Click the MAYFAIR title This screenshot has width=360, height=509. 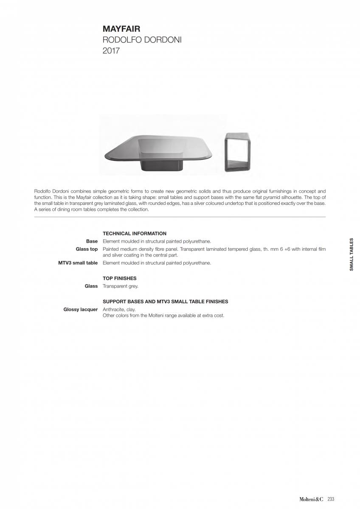tap(121, 29)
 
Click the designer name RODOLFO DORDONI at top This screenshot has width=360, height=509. tap(142, 40)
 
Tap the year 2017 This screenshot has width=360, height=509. tap(111, 51)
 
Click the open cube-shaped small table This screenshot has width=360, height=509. tap(238, 152)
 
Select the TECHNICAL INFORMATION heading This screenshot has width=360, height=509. tap(135, 234)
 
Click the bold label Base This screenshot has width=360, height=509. tap(92, 241)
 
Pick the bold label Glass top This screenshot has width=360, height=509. tap(87, 249)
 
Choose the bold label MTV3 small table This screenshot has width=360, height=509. tap(78, 263)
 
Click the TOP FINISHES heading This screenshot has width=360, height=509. tap(120, 279)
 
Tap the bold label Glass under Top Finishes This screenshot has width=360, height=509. tap(91, 286)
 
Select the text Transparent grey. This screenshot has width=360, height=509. tap(121, 286)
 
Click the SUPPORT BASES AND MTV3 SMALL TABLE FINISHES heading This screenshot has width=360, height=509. tap(166, 302)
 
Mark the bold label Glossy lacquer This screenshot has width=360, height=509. tap(81, 310)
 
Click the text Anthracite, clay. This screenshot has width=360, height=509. tap(119, 310)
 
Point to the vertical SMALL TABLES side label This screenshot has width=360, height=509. tap(351, 255)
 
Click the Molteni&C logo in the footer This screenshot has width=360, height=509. tap(312, 499)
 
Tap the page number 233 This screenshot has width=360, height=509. tap(331, 499)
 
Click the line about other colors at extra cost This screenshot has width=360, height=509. tap(163, 316)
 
